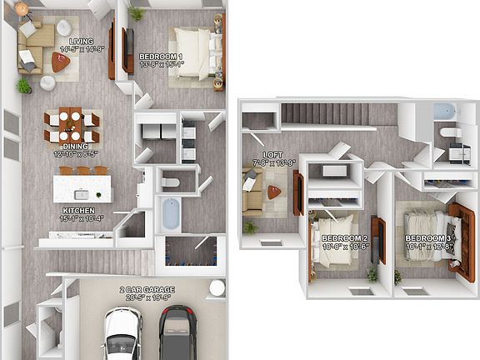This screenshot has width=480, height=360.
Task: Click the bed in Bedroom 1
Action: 193,54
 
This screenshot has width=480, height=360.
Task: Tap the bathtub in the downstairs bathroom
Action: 171,213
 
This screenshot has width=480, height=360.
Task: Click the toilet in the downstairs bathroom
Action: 170,182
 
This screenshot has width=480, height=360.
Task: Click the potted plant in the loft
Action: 249,227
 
